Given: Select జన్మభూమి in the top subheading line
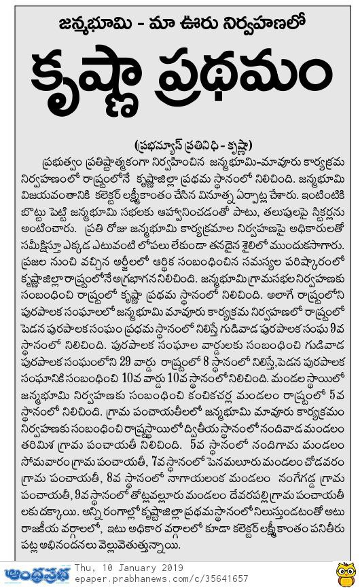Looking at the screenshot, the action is tap(81, 28).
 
